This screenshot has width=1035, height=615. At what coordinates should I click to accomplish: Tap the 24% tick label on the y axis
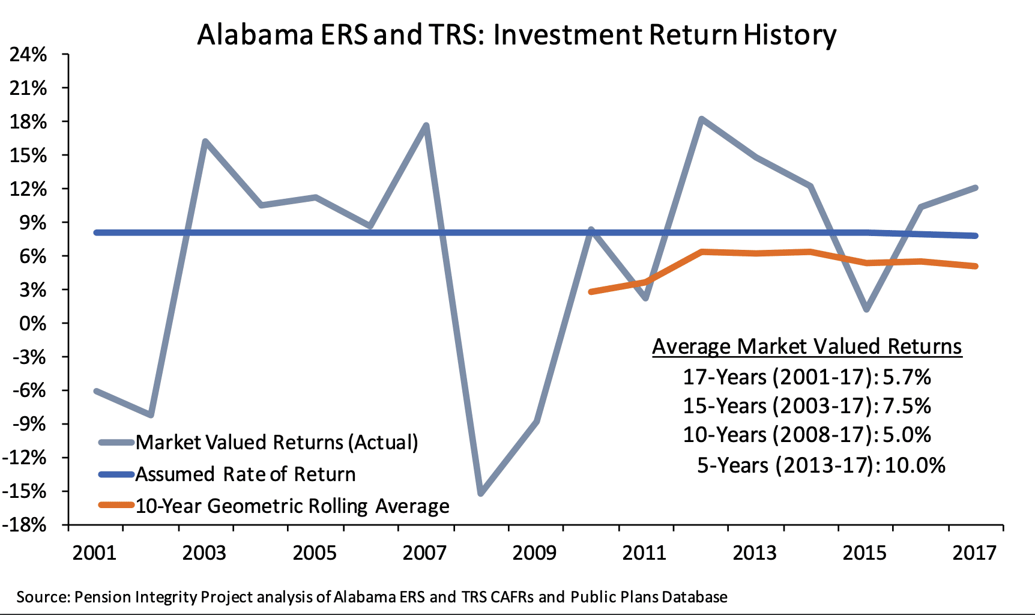click(28, 55)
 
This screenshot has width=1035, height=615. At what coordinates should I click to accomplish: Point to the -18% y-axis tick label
click(25, 525)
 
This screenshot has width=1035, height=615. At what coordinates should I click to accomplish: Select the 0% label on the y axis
click(32, 324)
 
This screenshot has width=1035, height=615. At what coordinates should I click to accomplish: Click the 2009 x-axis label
click(534, 553)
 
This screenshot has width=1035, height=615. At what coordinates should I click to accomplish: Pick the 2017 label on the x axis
click(974, 553)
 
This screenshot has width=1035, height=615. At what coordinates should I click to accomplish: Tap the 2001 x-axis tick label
click(94, 553)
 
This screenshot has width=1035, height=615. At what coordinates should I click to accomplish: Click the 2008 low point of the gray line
click(481, 494)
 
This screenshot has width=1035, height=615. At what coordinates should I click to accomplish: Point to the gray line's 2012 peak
click(701, 119)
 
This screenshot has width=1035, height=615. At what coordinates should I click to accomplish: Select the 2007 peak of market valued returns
click(426, 126)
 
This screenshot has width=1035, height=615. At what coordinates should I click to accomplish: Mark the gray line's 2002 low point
click(151, 415)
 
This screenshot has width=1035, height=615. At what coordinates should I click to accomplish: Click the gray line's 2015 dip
click(866, 309)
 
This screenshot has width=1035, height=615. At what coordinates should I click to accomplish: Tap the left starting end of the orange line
click(591, 292)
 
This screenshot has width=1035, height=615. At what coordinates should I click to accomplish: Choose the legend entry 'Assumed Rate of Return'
click(245, 474)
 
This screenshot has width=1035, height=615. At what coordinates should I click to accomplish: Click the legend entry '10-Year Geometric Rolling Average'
click(292, 506)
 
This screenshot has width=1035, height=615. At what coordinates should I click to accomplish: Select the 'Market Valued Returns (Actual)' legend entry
click(276, 443)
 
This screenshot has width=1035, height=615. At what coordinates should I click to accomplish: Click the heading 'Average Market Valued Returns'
click(807, 347)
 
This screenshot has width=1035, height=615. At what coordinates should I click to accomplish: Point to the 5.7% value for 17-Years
click(907, 377)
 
